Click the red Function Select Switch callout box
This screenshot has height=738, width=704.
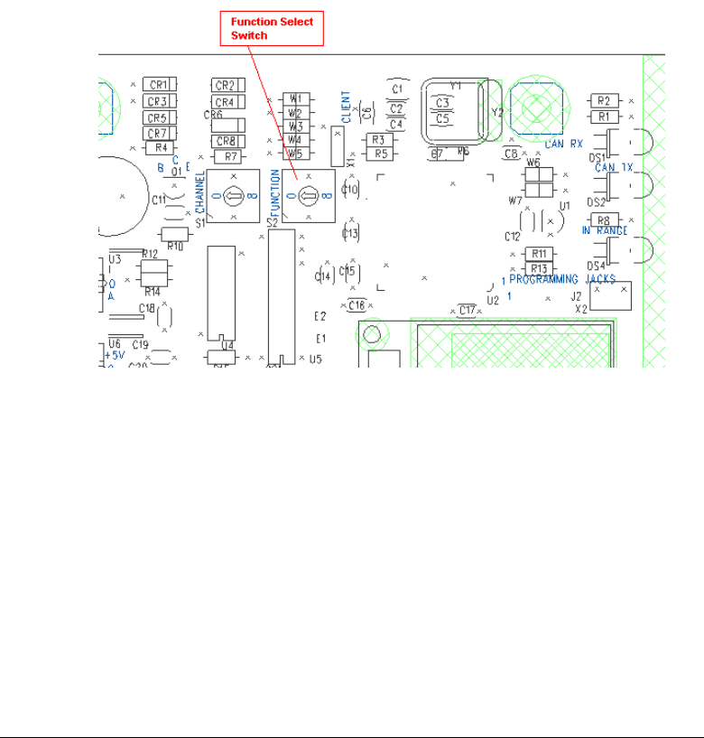tap(273, 30)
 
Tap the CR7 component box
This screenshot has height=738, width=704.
tap(159, 133)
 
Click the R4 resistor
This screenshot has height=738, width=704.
tap(161, 147)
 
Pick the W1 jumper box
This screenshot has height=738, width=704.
tap(295, 98)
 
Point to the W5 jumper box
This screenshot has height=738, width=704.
tap(295, 154)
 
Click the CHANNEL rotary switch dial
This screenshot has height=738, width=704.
tap(233, 195)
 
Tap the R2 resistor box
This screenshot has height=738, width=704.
tap(604, 100)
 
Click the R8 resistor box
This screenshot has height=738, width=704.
tap(604, 220)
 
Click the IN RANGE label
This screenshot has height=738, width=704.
tap(604, 232)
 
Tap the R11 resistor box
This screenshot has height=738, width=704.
tap(540, 254)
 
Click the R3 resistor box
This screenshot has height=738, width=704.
tap(378, 140)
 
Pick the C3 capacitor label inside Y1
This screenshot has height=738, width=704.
tap(442, 104)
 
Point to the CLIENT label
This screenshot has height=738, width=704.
tap(347, 106)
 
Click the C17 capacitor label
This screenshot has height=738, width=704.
tap(467, 311)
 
